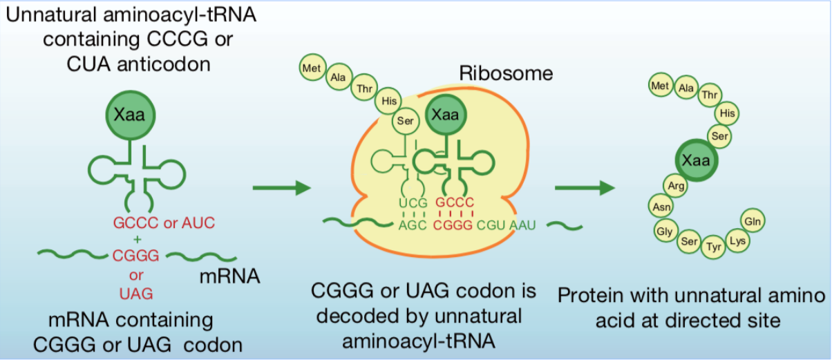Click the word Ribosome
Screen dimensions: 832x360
pyautogui.click(x=506, y=73)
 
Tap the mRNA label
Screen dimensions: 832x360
pyautogui.click(x=229, y=276)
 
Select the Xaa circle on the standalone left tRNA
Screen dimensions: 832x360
pyautogui.click(x=130, y=115)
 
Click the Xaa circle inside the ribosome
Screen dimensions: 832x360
pyautogui.click(x=445, y=115)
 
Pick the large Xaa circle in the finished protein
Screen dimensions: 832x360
pyautogui.click(x=697, y=160)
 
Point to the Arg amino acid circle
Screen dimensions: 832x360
pyautogui.click(x=676, y=185)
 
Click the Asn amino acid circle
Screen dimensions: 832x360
pyautogui.click(x=661, y=207)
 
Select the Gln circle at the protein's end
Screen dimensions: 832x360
pyautogui.click(x=753, y=221)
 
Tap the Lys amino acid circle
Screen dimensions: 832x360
pyautogui.click(x=737, y=240)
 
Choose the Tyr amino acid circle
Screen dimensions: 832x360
pyautogui.click(x=714, y=247)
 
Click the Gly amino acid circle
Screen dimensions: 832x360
pyautogui.click(x=665, y=231)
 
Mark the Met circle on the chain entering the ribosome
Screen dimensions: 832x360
pyautogui.click(x=312, y=68)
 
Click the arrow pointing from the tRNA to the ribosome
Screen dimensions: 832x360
pyautogui.click(x=282, y=188)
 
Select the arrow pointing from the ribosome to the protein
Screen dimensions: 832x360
pyautogui.click(x=585, y=188)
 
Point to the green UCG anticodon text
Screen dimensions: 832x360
pyautogui.click(x=413, y=203)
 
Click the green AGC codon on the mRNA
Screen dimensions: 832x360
pyautogui.click(x=413, y=225)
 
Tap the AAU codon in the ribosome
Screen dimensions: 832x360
pyautogui.click(x=522, y=225)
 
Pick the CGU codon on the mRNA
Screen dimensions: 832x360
pyautogui.click(x=491, y=225)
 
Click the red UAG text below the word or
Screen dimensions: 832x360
pyautogui.click(x=136, y=294)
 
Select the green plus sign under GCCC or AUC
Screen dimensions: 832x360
pyautogui.click(x=138, y=239)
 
